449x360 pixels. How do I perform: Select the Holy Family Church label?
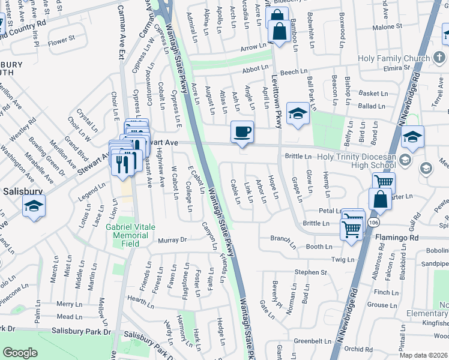click(x=394, y=58)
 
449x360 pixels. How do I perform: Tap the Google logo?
click(x=20, y=353)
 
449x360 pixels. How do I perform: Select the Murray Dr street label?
click(x=172, y=241)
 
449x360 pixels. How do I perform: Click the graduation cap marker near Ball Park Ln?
click(x=298, y=114)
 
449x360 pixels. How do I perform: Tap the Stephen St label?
click(x=310, y=272)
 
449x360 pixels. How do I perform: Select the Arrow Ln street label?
click(x=253, y=47)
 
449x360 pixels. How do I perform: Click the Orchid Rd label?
click(x=359, y=349)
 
